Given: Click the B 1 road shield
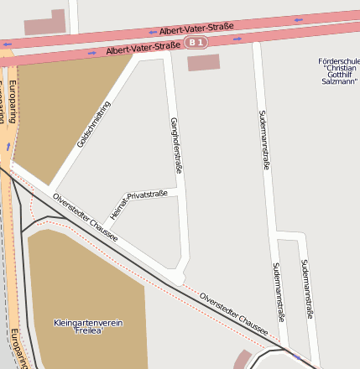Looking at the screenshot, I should (x=196, y=42).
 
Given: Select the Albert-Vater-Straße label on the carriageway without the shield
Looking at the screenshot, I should (x=196, y=28).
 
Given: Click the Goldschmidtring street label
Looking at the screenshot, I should (x=93, y=124).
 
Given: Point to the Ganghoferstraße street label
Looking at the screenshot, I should (x=175, y=145).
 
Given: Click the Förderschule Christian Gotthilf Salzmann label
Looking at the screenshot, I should (x=338, y=71).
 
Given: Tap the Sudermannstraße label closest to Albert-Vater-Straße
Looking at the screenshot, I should (x=265, y=139).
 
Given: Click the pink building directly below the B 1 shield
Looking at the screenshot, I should (x=202, y=63).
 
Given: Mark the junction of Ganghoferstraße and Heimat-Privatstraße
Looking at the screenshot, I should (x=180, y=191).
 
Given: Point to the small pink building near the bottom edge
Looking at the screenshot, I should (x=242, y=360).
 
